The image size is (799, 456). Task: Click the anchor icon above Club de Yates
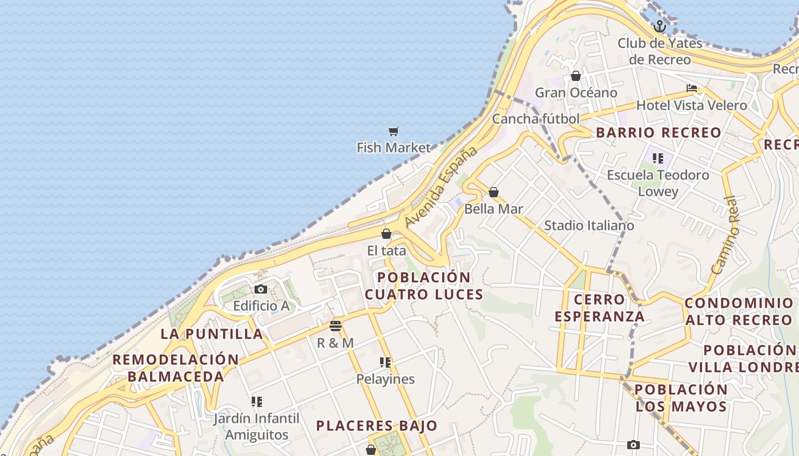(660, 26)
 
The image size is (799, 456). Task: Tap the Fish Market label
(393, 148)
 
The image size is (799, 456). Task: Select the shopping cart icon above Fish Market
(393, 132)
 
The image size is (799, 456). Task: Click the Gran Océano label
(576, 92)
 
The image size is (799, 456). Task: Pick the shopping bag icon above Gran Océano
(576, 76)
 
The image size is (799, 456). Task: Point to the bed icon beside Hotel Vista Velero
(692, 88)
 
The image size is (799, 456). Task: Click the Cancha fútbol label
(535, 119)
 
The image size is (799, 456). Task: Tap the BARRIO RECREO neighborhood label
(659, 133)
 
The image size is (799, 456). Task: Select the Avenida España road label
(440, 186)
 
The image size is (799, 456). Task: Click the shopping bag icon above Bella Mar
(494, 192)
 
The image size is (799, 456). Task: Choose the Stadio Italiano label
(588, 225)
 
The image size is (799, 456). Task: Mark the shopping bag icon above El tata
(386, 234)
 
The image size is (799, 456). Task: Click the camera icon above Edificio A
(261, 290)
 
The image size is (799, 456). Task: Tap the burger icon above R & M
(336, 326)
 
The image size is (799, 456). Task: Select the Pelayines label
(385, 379)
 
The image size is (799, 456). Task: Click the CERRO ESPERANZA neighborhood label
(599, 308)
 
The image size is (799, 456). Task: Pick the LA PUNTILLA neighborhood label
(212, 334)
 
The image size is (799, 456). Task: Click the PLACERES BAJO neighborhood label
(377, 426)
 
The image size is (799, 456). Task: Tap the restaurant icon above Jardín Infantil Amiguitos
(257, 402)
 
